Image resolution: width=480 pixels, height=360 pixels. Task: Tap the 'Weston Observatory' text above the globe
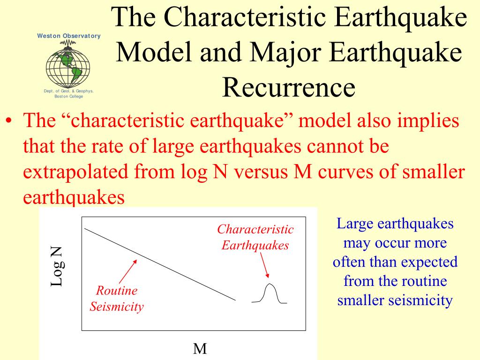coord(69,36)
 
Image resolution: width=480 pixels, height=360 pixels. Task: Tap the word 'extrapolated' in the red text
coord(75,172)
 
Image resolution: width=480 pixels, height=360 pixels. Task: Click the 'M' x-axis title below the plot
coord(200,349)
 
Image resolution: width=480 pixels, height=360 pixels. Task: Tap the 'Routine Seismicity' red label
coord(117,299)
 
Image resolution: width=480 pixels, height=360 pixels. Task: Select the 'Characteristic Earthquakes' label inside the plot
coord(255,237)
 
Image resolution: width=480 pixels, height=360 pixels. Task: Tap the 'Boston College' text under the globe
coord(69,97)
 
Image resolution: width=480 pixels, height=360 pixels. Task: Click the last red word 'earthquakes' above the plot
coord(74,197)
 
